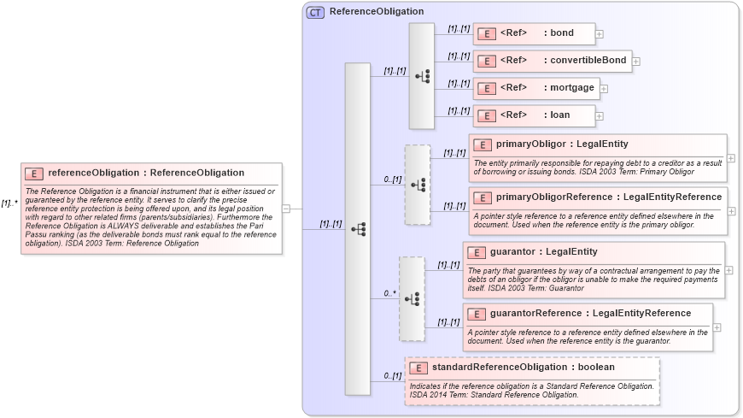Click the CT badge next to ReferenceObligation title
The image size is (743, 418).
pyautogui.click(x=315, y=12)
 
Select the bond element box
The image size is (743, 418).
pyautogui.click(x=534, y=34)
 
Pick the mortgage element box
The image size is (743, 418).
pyautogui.click(x=535, y=88)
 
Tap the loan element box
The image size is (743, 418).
pyautogui.click(x=534, y=115)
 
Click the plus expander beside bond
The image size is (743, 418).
pyautogui.click(x=600, y=34)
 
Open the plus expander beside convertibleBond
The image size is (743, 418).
pyautogui.click(x=636, y=62)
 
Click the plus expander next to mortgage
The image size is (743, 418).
pyautogui.click(x=604, y=88)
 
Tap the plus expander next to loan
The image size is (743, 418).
pyautogui.click(x=600, y=115)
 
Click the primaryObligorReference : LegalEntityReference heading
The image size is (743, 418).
pyautogui.click(x=608, y=197)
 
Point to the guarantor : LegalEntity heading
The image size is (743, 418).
pyautogui.click(x=543, y=252)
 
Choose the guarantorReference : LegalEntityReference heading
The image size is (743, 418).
pyautogui.click(x=590, y=313)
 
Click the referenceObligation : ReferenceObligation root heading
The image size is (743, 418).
pyautogui.click(x=145, y=173)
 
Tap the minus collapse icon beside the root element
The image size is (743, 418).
pyautogui.click(x=286, y=208)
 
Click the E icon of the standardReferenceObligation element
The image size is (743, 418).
pyautogui.click(x=418, y=368)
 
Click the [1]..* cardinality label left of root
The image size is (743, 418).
pyautogui.click(x=9, y=203)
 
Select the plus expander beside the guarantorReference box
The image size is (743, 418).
pyautogui.click(x=717, y=327)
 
